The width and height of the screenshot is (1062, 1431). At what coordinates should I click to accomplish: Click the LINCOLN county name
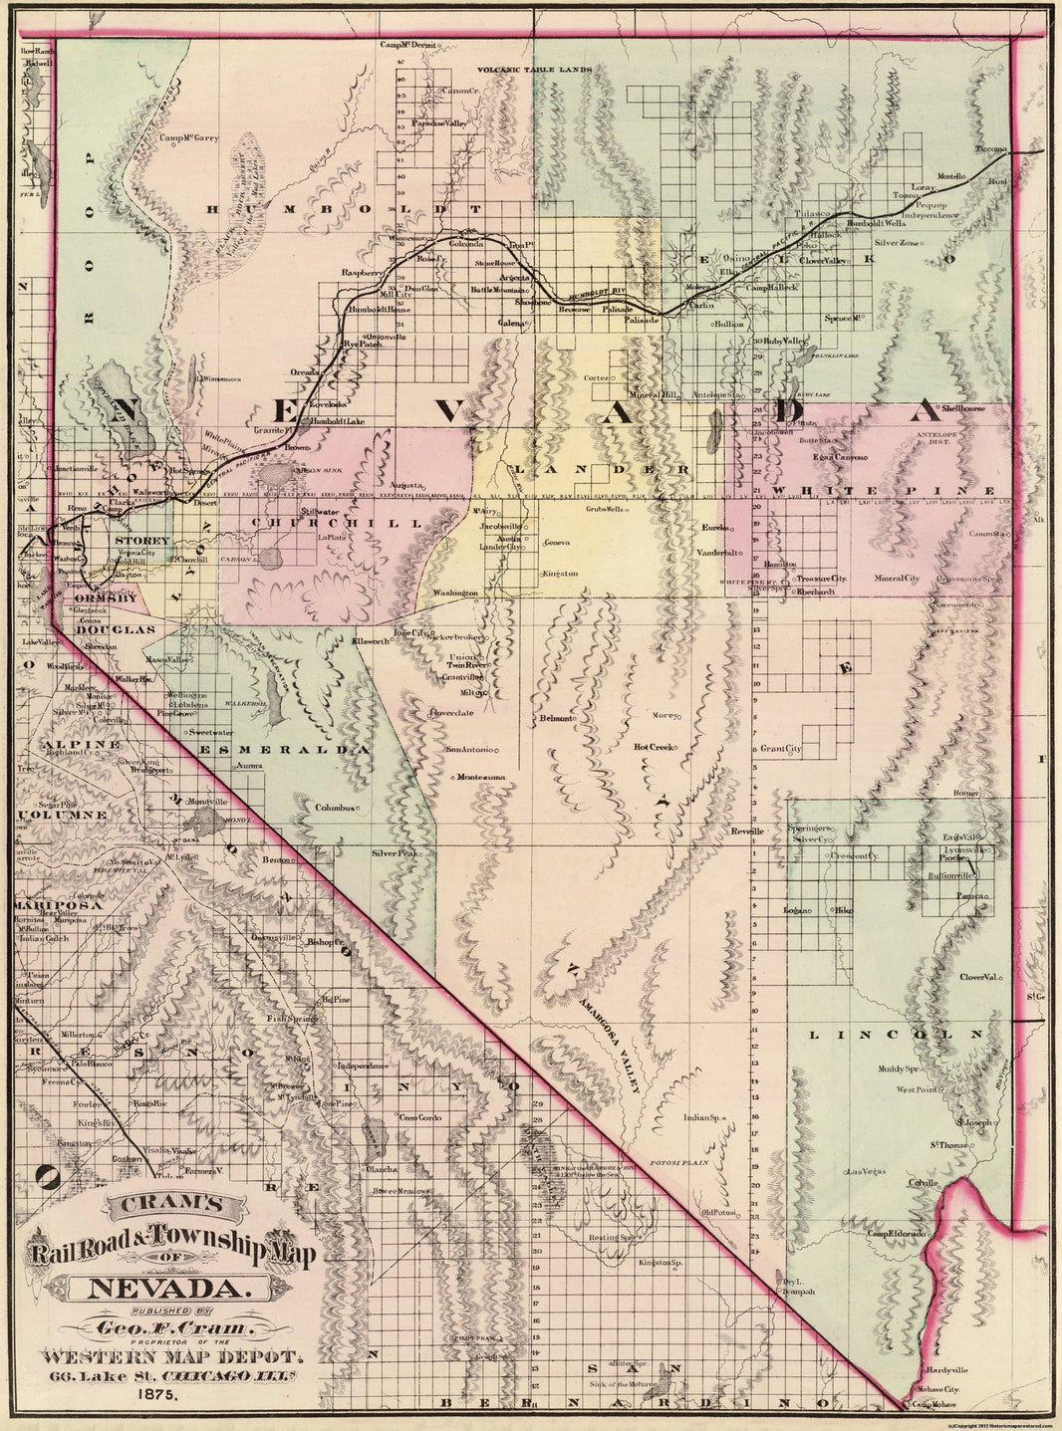895,1036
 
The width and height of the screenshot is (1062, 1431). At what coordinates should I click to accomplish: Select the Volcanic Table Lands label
535,70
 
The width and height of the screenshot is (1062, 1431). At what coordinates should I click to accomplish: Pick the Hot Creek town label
655,747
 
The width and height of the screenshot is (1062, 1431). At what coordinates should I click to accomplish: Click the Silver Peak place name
394,854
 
